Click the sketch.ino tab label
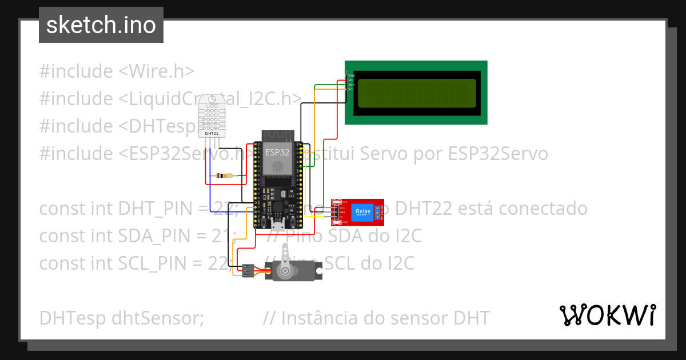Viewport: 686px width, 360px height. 101,25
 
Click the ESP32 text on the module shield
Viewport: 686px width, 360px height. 277,152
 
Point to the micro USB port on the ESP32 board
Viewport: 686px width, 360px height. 278,221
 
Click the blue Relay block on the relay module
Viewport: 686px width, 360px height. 362,212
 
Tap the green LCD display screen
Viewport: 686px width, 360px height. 416,93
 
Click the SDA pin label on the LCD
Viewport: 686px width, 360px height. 351,85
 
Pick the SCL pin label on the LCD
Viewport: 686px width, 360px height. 351,89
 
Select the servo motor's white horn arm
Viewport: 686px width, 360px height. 284,257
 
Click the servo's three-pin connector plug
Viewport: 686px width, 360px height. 247,270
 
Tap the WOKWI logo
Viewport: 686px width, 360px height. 607,315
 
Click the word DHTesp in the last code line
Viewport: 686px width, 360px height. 68,318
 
